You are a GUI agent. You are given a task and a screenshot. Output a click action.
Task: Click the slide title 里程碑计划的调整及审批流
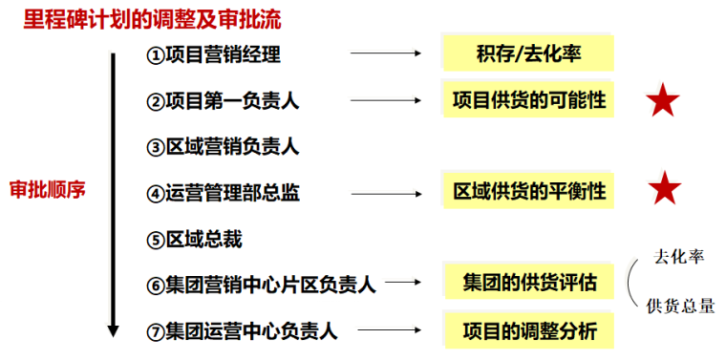(x=153, y=19)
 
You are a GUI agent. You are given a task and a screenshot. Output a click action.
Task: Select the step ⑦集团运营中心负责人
(x=242, y=330)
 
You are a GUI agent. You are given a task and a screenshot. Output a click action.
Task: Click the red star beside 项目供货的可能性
(x=663, y=101)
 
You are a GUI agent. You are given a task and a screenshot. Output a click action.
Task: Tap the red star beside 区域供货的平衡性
(x=663, y=190)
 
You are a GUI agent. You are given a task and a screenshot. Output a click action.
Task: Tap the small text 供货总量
(x=680, y=306)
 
